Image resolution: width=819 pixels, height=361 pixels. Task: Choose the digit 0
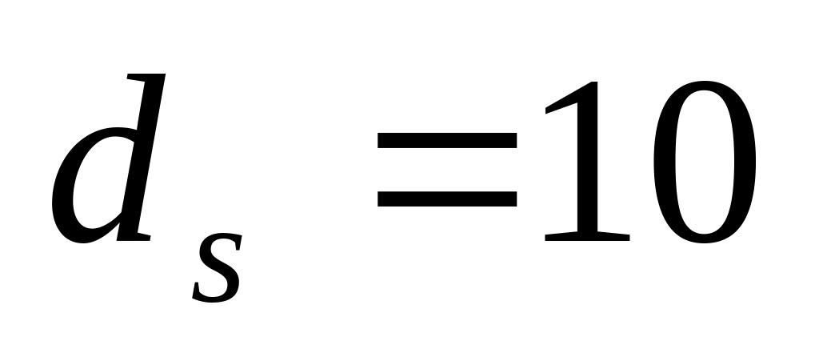[x=703, y=160]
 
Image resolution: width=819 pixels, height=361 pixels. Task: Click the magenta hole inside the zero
[x=703, y=160]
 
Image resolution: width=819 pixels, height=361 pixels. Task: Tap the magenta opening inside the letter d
[x=100, y=192]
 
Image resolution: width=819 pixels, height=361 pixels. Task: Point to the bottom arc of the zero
[x=703, y=235]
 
